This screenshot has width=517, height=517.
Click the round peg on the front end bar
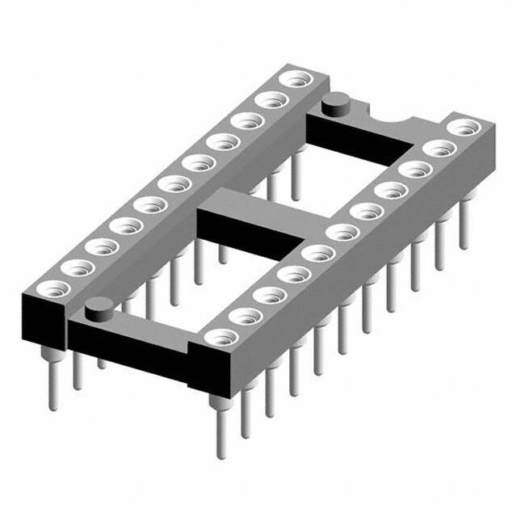pyautogui.click(x=99, y=306)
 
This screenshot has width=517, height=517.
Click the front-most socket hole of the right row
pyautogui.click(x=218, y=338)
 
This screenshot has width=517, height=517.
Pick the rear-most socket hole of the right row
pyautogui.click(x=462, y=128)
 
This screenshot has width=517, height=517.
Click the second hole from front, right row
pyautogui.click(x=243, y=316)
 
